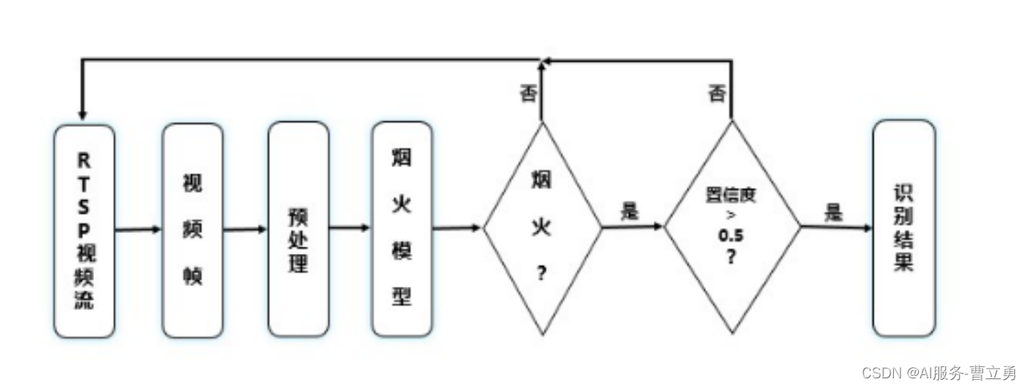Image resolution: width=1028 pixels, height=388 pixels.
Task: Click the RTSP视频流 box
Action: pos(84,231)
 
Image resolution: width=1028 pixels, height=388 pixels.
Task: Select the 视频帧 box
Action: pos(192,231)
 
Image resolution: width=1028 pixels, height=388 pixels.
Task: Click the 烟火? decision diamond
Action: pos(542,227)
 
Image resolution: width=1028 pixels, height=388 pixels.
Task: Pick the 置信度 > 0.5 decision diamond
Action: pos(732,227)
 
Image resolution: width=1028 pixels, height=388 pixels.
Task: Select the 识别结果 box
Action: pos(904,229)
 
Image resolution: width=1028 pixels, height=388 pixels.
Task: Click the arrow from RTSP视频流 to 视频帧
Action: pos(138,231)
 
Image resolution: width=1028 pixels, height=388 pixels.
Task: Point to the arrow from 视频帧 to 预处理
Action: pos(245,230)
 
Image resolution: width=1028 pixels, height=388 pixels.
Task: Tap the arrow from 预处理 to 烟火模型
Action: pos(350,228)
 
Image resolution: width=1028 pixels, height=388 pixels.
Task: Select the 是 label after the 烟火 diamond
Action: pos(629,211)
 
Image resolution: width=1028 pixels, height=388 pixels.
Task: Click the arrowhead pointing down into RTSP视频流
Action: pos(83,117)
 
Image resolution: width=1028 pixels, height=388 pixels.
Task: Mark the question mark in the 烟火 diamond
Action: pos(541,274)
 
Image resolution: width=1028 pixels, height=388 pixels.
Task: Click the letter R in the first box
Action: pos(84,158)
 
